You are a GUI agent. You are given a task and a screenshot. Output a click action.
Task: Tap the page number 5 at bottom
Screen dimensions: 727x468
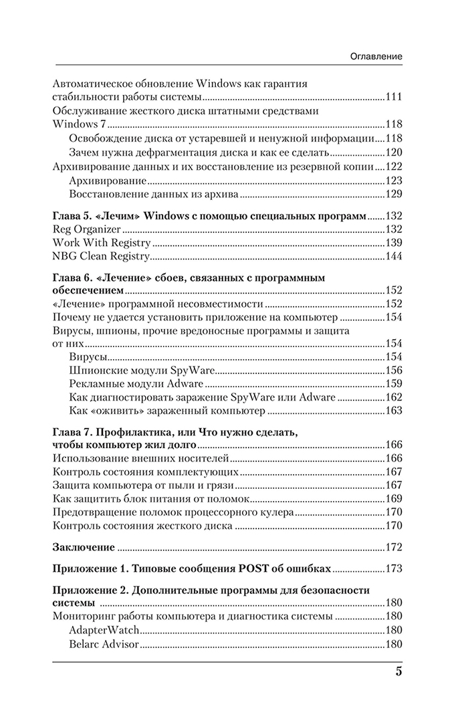click(398, 671)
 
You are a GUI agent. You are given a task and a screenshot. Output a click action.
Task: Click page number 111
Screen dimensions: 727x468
click(393, 97)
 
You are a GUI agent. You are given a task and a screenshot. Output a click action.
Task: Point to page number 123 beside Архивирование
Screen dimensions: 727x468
click(393, 181)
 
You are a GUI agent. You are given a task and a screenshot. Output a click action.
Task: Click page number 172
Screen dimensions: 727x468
click(393, 547)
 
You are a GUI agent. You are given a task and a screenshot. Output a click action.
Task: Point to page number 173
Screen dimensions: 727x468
click(393, 569)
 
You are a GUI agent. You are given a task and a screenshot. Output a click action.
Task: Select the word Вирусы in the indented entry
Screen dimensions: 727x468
click(88, 356)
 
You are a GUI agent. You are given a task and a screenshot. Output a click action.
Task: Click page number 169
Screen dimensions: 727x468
click(393, 499)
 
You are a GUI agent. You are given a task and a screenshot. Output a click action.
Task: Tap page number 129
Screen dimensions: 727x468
click(393, 194)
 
